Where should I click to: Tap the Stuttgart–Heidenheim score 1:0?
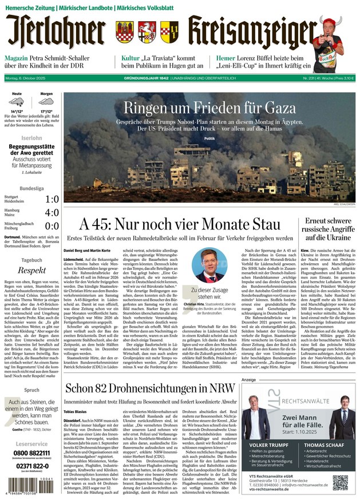(x=52, y=200)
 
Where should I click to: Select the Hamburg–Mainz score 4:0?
(x=52, y=213)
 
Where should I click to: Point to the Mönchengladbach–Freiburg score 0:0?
(x=52, y=226)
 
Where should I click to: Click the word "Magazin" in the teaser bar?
(x=18, y=58)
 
